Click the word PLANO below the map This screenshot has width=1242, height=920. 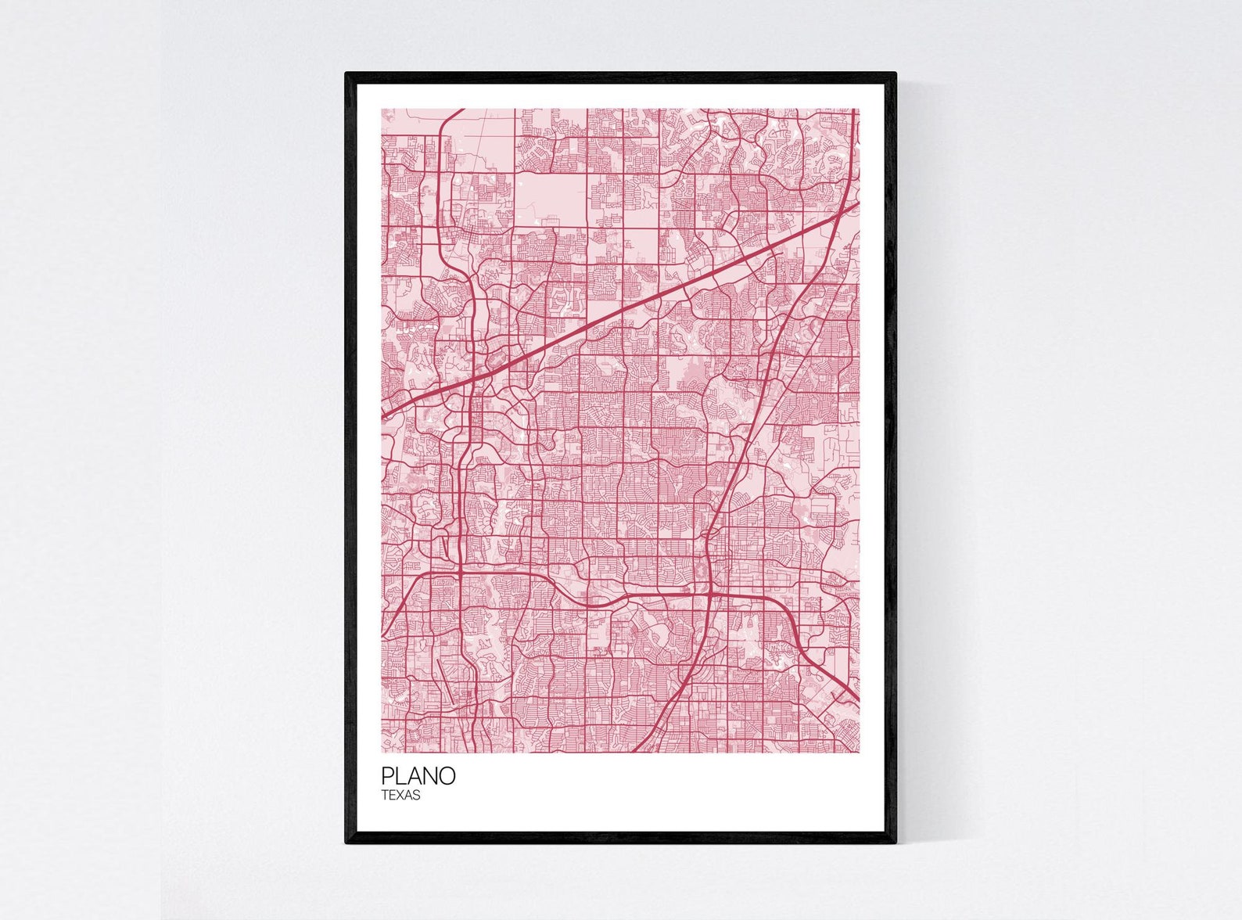(x=418, y=776)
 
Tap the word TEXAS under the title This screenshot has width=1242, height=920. (x=401, y=796)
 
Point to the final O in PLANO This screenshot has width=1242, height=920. (x=447, y=776)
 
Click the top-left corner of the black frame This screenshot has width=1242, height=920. (x=346, y=74)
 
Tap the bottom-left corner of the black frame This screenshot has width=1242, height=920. (x=346, y=843)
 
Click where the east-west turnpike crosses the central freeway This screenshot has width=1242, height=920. (x=709, y=595)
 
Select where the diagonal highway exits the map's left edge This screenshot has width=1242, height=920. (x=382, y=415)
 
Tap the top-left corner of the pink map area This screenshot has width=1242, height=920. (x=382, y=110)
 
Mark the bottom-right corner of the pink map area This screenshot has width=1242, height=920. (x=859, y=752)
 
